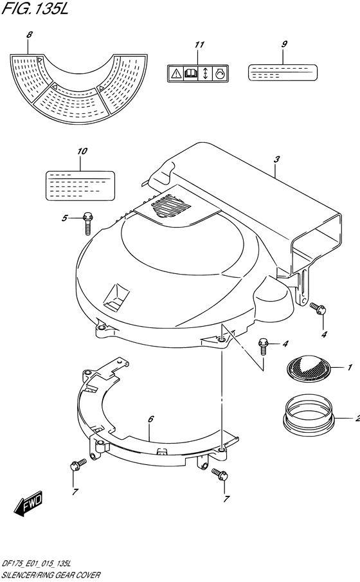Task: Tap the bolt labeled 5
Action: tap(87, 223)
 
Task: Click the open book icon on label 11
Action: tap(190, 74)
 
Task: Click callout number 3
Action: tap(276, 159)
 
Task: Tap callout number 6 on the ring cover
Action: tap(150, 419)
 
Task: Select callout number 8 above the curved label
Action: tap(30, 35)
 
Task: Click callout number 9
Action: tap(284, 44)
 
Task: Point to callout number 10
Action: tap(82, 151)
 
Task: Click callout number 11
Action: tap(200, 44)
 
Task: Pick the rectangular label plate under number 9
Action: tap(282, 72)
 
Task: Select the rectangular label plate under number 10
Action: tap(80, 186)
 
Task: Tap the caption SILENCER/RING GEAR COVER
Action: tap(51, 575)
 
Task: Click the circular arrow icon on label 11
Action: tap(220, 74)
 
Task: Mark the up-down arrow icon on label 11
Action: tap(205, 74)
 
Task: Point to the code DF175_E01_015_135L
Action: tap(36, 564)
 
